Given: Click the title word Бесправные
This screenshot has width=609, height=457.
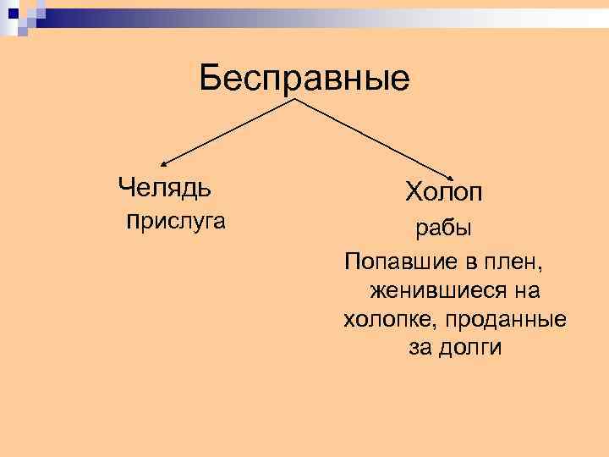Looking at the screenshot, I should click(304, 80).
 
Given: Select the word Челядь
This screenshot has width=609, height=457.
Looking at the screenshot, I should click(165, 184).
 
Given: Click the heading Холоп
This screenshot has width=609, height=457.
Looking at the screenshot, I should click(444, 192).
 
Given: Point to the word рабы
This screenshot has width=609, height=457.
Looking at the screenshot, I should click(442, 228).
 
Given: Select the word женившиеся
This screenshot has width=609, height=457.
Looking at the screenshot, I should click(431, 290).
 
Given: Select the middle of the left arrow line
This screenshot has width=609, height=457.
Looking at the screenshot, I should click(228, 132).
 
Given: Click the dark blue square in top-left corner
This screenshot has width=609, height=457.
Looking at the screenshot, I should click(8, 8).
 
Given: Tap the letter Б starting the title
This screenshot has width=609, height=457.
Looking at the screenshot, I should click(211, 80).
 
